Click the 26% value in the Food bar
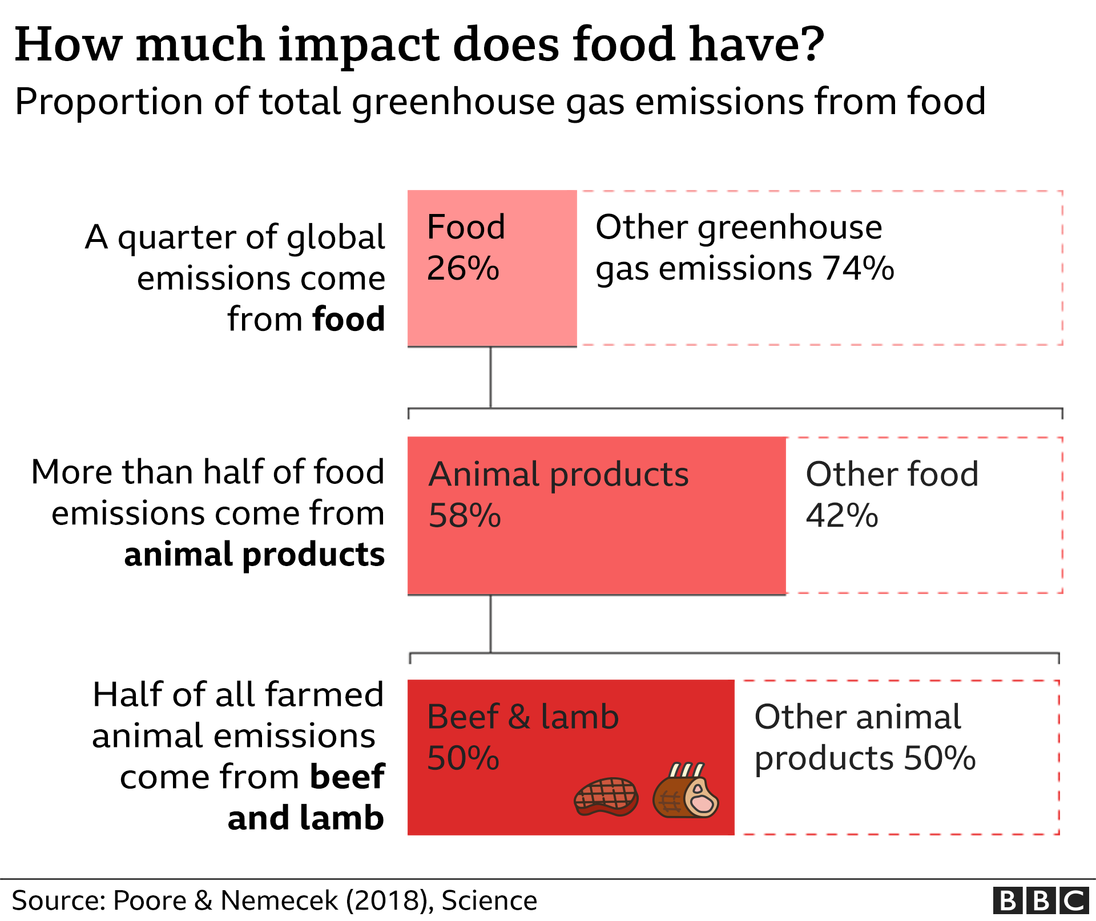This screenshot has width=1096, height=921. pos(463,268)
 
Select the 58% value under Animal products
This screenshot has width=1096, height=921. pos(465,516)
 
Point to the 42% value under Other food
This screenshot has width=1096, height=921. pos(842,516)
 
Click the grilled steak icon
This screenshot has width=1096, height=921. pos(606,797)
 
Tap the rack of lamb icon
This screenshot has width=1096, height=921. pos(686,791)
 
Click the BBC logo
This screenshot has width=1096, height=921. pos(1040,900)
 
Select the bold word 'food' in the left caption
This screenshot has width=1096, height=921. pos(349,319)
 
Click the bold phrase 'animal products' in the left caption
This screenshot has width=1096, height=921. pos(255,555)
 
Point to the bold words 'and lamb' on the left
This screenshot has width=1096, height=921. pos(305,818)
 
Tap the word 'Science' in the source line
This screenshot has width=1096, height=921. pos(489,900)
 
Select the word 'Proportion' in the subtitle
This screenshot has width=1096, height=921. pos(108,102)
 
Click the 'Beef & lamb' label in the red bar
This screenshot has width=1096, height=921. pos(523,717)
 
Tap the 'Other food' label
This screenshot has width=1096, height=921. pos(892,474)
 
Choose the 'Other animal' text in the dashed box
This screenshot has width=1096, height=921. pos(857,717)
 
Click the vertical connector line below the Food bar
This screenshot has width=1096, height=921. pos(490,377)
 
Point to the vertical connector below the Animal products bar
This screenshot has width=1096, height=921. pos(490,624)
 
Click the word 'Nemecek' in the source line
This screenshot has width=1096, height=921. pos(279,900)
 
